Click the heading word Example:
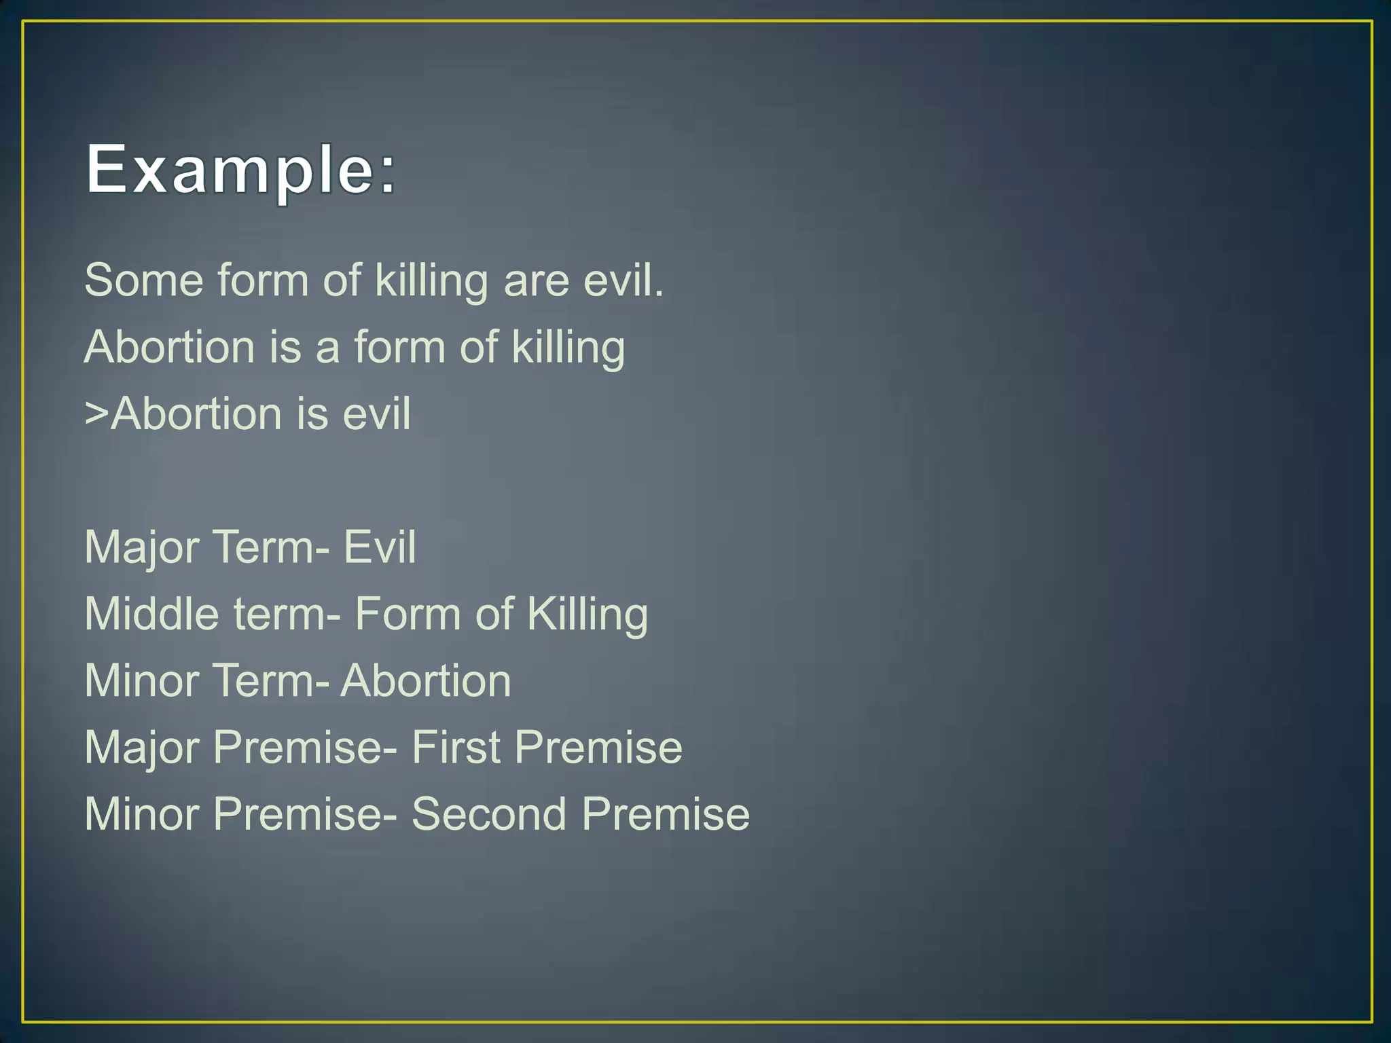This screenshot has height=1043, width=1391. (240, 170)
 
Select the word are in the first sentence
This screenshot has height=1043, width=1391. (536, 281)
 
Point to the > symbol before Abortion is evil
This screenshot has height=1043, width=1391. (96, 414)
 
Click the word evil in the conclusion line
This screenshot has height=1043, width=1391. (376, 414)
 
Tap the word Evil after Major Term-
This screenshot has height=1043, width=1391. (380, 547)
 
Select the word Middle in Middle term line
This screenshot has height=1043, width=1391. (152, 614)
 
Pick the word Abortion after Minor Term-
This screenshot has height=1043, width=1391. (426, 680)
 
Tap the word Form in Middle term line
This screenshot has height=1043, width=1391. (408, 614)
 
